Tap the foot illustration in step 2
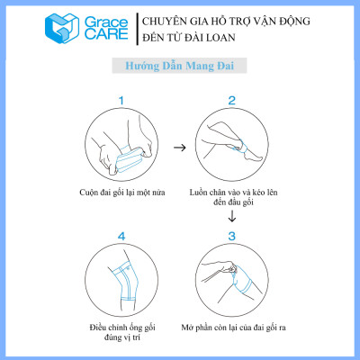coord(231,145)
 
